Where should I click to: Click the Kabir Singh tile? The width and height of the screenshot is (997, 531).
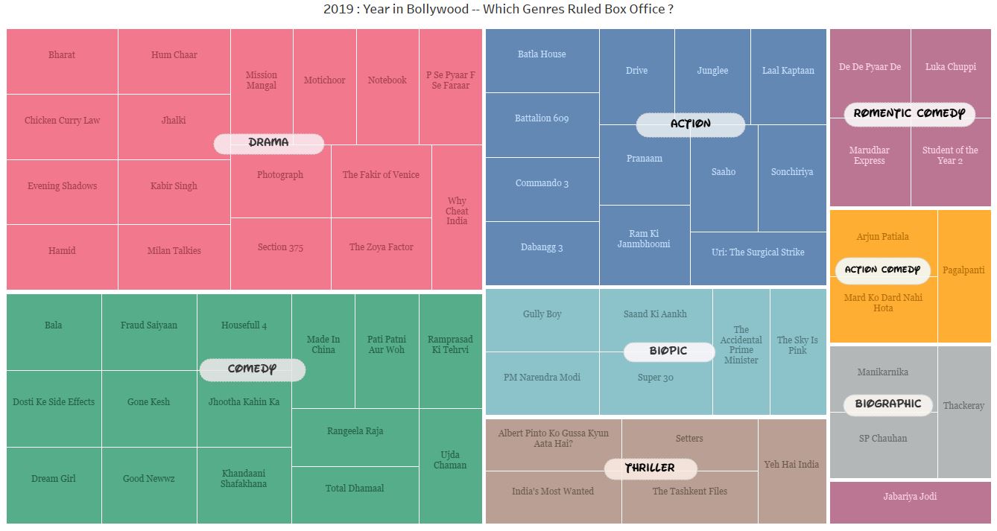tap(174, 186)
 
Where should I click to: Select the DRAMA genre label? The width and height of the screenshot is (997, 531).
tap(268, 143)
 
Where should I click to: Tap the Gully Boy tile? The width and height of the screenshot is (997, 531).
tap(542, 314)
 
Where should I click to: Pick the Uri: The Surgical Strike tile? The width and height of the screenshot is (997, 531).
tap(758, 252)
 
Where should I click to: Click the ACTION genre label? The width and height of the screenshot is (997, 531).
tap(690, 124)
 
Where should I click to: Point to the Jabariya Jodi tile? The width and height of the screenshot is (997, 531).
tap(910, 497)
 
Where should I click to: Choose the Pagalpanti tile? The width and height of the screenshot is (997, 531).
tap(963, 270)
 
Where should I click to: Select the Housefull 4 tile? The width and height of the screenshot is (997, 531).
tap(244, 325)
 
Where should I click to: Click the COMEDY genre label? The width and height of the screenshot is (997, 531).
tap(252, 369)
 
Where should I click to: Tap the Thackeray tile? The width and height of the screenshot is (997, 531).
tap(963, 406)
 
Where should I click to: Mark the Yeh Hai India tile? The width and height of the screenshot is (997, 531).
tap(791, 465)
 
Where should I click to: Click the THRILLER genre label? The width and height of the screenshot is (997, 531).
tap(650, 468)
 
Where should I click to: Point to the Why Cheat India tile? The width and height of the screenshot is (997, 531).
tap(457, 212)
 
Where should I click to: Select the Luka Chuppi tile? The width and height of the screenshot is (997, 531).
tap(950, 67)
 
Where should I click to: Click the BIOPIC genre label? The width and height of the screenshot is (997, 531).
tap(668, 352)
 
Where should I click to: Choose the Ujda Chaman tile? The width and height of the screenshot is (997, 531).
tap(450, 460)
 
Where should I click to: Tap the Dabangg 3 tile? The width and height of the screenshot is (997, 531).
tap(542, 248)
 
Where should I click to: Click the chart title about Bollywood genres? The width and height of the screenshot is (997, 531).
tap(498, 10)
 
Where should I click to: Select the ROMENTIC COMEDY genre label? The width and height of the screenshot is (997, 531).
tap(908, 114)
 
